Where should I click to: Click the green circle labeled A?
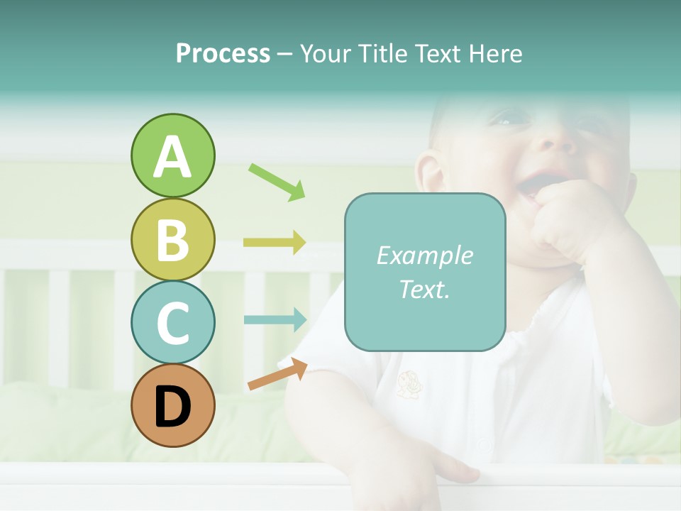(172, 155)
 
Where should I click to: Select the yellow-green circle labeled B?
(172, 239)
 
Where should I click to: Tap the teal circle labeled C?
(172, 322)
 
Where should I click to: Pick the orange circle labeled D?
(172, 405)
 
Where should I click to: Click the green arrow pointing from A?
(277, 182)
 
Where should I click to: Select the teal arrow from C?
(275, 319)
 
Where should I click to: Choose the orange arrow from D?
(277, 374)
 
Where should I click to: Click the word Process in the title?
(223, 54)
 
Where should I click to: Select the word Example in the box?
(424, 255)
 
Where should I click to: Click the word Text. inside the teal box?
(424, 290)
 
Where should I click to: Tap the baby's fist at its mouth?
(567, 220)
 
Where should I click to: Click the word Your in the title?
(328, 54)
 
